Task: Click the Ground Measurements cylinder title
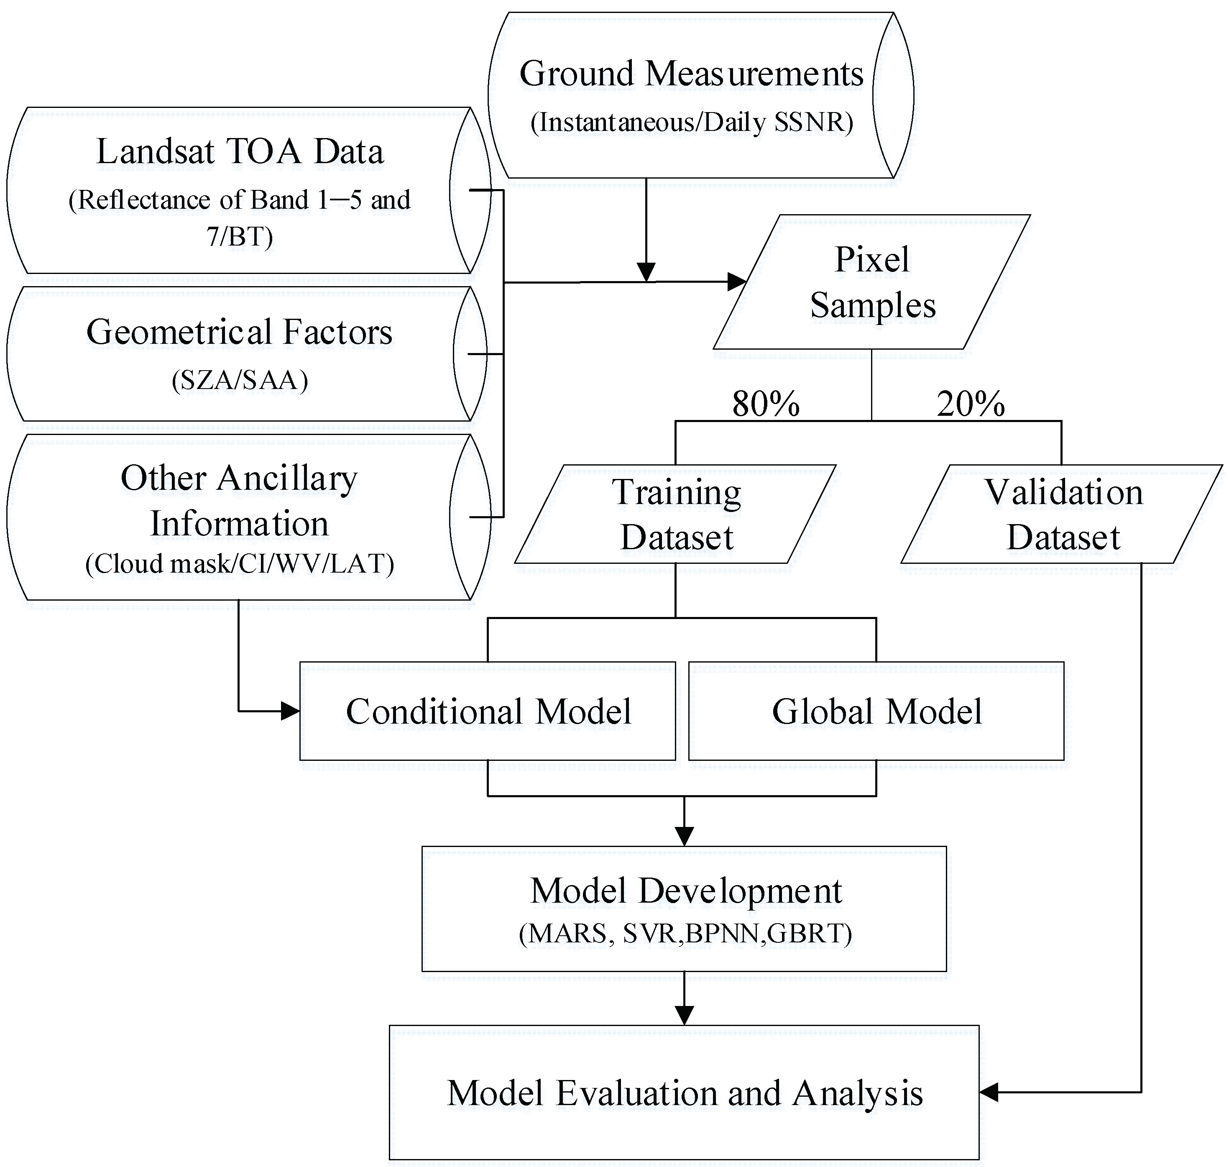tap(690, 74)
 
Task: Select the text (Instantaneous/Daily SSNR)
tap(690, 123)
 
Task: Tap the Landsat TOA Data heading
tap(240, 152)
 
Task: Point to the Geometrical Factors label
tap(240, 332)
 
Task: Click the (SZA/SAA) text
tap(240, 379)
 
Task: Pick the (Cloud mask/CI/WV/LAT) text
tap(240, 563)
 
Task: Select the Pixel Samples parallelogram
tap(872, 282)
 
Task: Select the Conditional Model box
tap(488, 711)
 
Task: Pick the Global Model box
tap(876, 711)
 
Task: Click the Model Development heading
tap(685, 891)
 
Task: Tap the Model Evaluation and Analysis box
tap(684, 1093)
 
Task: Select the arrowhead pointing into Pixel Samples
tap(737, 282)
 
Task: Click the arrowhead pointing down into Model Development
tap(684, 836)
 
